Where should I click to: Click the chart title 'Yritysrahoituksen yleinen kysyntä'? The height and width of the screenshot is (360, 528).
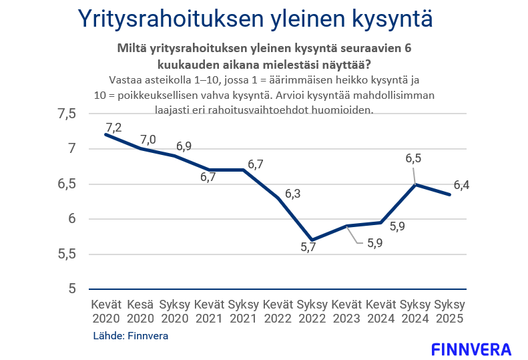click(x=255, y=19)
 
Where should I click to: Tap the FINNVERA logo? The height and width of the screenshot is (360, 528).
click(x=471, y=349)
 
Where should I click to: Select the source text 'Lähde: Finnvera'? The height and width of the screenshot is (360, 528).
click(x=130, y=336)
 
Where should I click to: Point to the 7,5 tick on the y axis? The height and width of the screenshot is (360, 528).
click(x=67, y=114)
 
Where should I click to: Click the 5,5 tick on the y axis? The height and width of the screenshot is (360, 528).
click(x=67, y=254)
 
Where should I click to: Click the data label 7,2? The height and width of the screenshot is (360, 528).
click(x=113, y=127)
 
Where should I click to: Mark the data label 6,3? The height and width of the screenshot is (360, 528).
click(x=293, y=194)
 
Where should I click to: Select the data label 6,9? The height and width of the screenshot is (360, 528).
click(x=184, y=146)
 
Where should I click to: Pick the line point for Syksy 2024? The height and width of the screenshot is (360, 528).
click(x=415, y=184)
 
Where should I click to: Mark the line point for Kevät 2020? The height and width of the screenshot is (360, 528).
click(x=106, y=134)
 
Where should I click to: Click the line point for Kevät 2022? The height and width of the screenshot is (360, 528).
click(x=277, y=198)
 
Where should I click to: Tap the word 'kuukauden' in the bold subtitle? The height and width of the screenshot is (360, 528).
click(x=184, y=65)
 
